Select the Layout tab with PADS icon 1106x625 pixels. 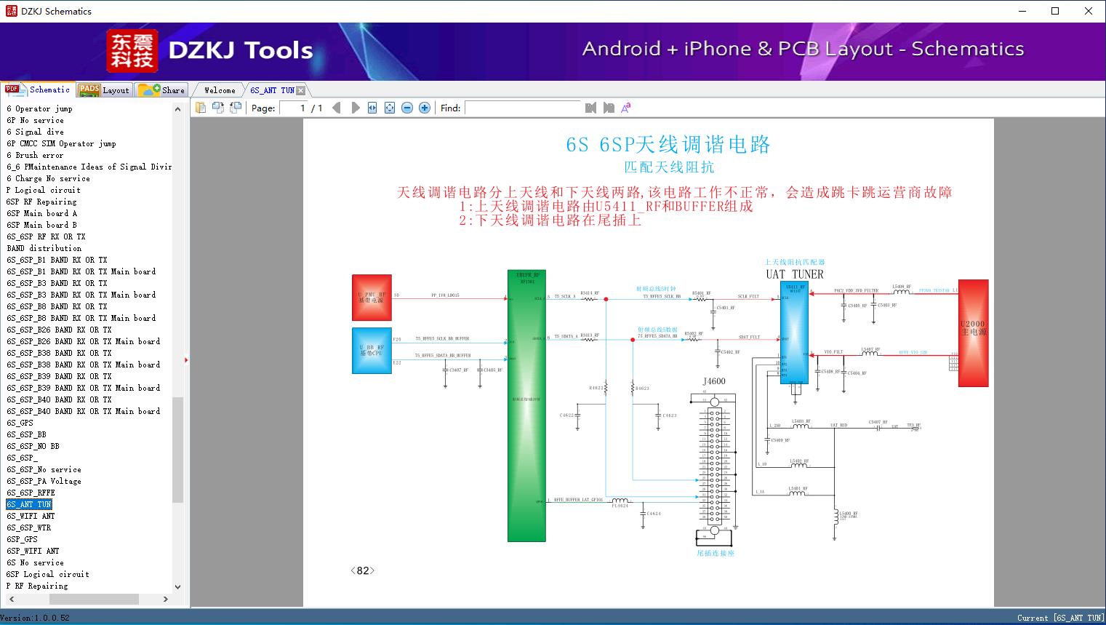click(103, 89)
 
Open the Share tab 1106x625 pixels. click(162, 89)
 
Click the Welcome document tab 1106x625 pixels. click(219, 90)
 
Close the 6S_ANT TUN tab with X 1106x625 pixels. click(301, 90)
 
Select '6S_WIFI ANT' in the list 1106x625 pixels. click(31, 516)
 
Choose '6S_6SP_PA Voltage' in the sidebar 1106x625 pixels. click(44, 481)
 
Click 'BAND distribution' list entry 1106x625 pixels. click(44, 248)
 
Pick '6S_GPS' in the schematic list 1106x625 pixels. click(20, 423)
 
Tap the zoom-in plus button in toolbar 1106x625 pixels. click(425, 108)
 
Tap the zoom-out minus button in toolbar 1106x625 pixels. click(407, 108)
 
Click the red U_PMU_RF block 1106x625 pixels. click(372, 297)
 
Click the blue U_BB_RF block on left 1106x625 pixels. click(372, 350)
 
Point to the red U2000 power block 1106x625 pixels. click(973, 333)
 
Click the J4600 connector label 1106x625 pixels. click(713, 381)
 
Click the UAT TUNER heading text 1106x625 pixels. click(794, 274)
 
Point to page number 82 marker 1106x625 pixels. click(362, 570)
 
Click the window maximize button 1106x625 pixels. click(1055, 11)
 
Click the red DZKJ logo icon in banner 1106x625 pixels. click(132, 51)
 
